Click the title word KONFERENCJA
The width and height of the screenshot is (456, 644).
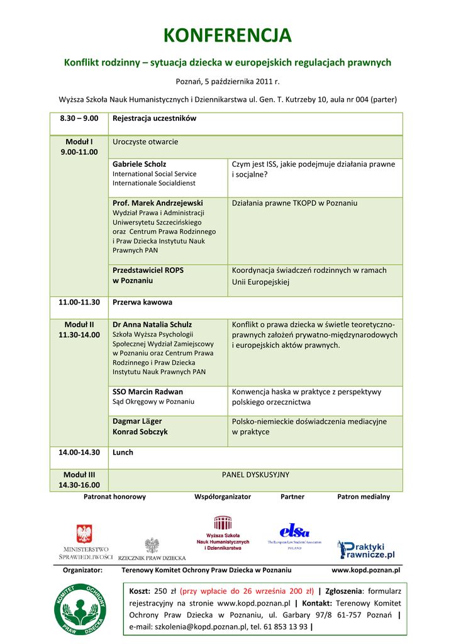228,35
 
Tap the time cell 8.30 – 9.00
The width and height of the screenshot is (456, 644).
79,118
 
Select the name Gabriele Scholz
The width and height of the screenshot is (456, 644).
140,164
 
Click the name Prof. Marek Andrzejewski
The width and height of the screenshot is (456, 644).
158,203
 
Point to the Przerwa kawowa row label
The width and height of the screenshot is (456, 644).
142,303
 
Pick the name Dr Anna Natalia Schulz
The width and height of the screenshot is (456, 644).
152,325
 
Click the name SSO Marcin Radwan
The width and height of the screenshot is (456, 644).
148,392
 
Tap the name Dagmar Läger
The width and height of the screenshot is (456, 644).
137,421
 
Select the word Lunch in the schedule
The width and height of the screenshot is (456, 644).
123,452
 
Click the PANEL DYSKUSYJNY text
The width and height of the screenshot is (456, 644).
255,475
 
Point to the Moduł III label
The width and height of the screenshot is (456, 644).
79,475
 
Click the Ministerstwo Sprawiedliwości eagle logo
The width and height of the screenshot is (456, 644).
84,535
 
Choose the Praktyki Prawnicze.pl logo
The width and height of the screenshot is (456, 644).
366,550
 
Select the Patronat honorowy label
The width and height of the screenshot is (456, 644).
114,497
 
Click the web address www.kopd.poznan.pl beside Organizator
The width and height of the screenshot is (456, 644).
365,570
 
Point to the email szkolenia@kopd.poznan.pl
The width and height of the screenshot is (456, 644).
187,627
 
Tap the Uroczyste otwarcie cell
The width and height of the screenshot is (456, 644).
145,142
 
